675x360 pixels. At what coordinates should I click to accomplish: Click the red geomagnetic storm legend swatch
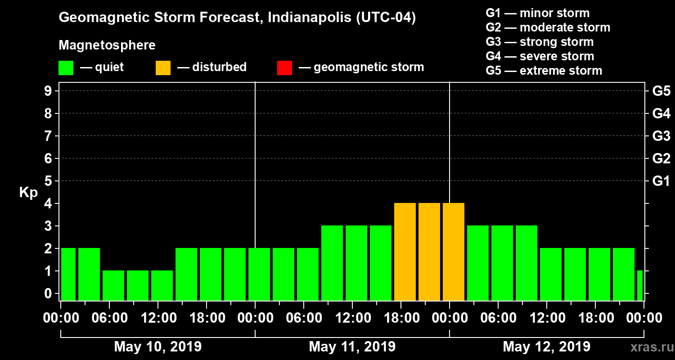tap(284, 67)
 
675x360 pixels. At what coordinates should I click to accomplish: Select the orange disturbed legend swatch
tap(163, 67)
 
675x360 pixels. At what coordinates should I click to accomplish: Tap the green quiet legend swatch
tap(66, 67)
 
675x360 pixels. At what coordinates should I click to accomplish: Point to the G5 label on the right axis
tap(661, 91)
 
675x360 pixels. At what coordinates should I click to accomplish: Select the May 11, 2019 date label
tap(352, 347)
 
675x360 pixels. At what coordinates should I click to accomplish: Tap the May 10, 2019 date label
tap(157, 347)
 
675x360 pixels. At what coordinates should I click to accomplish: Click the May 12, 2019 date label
tap(546, 347)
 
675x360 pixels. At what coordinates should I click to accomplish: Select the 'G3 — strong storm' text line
tap(540, 42)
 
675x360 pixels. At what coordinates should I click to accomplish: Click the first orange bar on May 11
tap(405, 252)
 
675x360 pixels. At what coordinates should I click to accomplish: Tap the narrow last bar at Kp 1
tap(640, 286)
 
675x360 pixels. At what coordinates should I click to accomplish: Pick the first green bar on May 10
tap(68, 274)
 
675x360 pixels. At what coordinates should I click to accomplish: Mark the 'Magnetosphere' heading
tap(107, 45)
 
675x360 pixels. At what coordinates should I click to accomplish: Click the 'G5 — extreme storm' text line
tap(544, 71)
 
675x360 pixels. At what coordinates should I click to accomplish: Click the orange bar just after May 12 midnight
tap(454, 252)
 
